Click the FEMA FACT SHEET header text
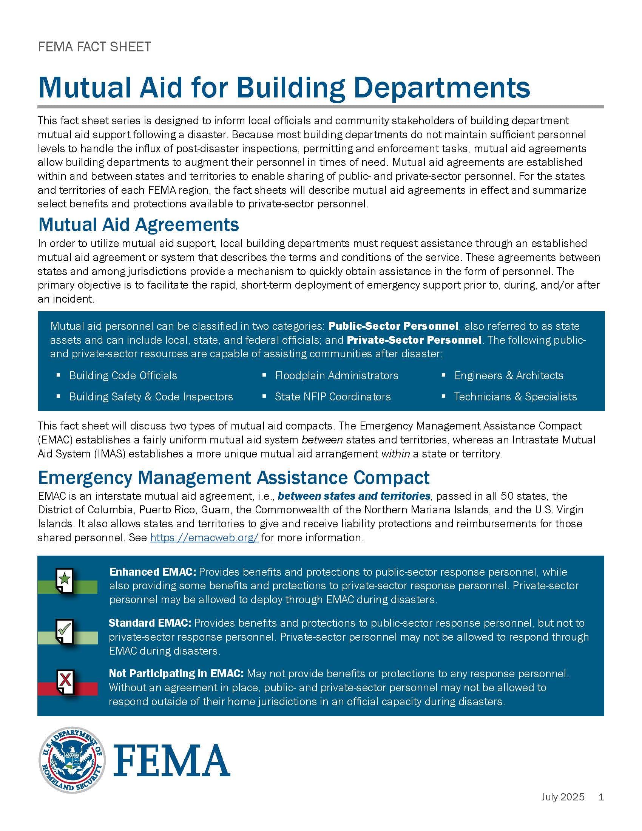pyautogui.click(x=94, y=47)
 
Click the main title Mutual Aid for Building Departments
pyautogui.click(x=284, y=88)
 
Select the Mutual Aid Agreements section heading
pyautogui.click(x=139, y=224)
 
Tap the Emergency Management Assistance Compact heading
pyautogui.click(x=233, y=477)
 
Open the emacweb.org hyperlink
pyautogui.click(x=204, y=538)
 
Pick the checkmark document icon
pyautogui.click(x=65, y=632)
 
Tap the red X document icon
pyautogui.click(x=65, y=683)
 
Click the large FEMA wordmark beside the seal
pyautogui.click(x=172, y=760)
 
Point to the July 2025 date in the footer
pyautogui.click(x=563, y=797)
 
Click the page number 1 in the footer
pyautogui.click(x=601, y=797)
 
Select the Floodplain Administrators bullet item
pyautogui.click(x=336, y=375)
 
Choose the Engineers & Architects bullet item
pyautogui.click(x=509, y=375)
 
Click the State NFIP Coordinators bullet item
pyautogui.click(x=332, y=397)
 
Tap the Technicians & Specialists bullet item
pyautogui.click(x=515, y=397)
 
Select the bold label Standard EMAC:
pyautogui.click(x=150, y=623)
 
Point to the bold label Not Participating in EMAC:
pyautogui.click(x=176, y=673)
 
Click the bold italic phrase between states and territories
pyautogui.click(x=354, y=496)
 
